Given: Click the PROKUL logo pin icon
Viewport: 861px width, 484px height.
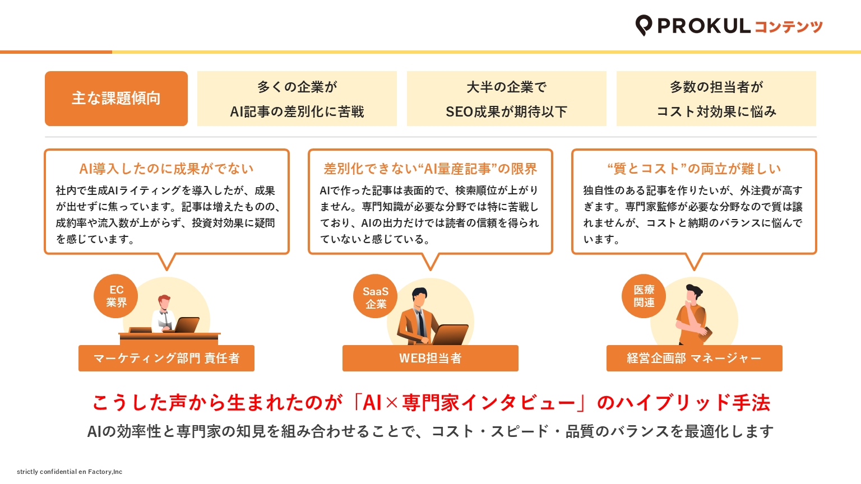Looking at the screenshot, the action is click(x=644, y=25).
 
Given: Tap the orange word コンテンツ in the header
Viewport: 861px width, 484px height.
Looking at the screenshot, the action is click(x=788, y=26).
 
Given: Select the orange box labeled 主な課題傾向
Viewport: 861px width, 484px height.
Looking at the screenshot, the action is click(x=116, y=99).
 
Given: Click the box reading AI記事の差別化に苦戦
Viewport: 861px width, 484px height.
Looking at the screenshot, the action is click(x=297, y=99).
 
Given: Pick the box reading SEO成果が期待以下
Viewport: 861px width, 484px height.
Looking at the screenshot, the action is click(x=507, y=99).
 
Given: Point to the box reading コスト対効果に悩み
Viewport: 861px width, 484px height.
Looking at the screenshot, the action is click(x=716, y=99).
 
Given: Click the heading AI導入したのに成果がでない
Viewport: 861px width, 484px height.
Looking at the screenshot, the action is click(x=166, y=169).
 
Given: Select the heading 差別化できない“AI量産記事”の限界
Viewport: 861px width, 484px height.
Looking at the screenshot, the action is click(x=430, y=169).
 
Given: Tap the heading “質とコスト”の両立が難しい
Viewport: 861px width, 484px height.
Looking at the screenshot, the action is click(x=694, y=169).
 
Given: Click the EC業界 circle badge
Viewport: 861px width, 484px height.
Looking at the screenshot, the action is click(x=115, y=296).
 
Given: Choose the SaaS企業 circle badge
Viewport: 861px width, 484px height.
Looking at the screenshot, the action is click(x=376, y=296).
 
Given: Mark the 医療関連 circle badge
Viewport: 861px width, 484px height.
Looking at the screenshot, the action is click(x=644, y=296).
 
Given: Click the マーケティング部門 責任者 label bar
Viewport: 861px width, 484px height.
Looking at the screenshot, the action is click(x=166, y=358).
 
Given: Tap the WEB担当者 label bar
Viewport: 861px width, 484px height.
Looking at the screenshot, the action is click(x=430, y=358).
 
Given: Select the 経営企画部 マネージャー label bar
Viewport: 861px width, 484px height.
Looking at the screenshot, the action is click(x=694, y=358).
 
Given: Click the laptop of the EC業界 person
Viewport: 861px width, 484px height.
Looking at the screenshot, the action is click(x=187, y=325).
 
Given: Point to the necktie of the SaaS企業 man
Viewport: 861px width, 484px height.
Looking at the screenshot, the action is click(x=422, y=323).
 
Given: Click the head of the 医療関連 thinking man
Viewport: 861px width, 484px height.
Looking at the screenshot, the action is click(x=693, y=294).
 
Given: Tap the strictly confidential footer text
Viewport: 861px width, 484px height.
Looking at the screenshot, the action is click(x=70, y=472).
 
